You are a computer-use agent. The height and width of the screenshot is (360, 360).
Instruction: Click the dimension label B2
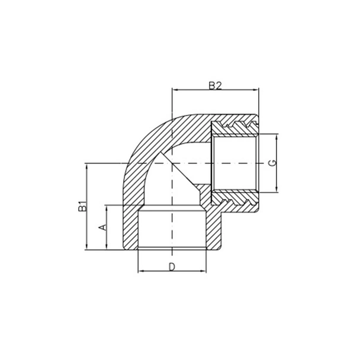[x=214, y=85]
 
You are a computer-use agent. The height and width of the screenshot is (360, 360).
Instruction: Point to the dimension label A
[x=101, y=227]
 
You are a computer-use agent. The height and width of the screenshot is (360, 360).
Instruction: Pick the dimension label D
[x=172, y=266]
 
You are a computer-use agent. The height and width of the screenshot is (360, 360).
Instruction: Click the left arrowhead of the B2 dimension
[x=173, y=91]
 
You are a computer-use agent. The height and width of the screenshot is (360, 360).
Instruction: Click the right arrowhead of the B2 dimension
[x=257, y=91]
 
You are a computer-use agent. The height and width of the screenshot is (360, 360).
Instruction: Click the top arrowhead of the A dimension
[x=107, y=207]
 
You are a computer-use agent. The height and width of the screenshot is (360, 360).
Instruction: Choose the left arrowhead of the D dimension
[x=140, y=272]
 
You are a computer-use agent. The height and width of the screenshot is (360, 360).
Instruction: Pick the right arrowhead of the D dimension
[x=204, y=272]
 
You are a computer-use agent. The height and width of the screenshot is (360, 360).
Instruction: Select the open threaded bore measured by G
[x=237, y=163]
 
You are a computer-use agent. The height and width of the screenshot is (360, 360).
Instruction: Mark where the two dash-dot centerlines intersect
[x=172, y=163]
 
